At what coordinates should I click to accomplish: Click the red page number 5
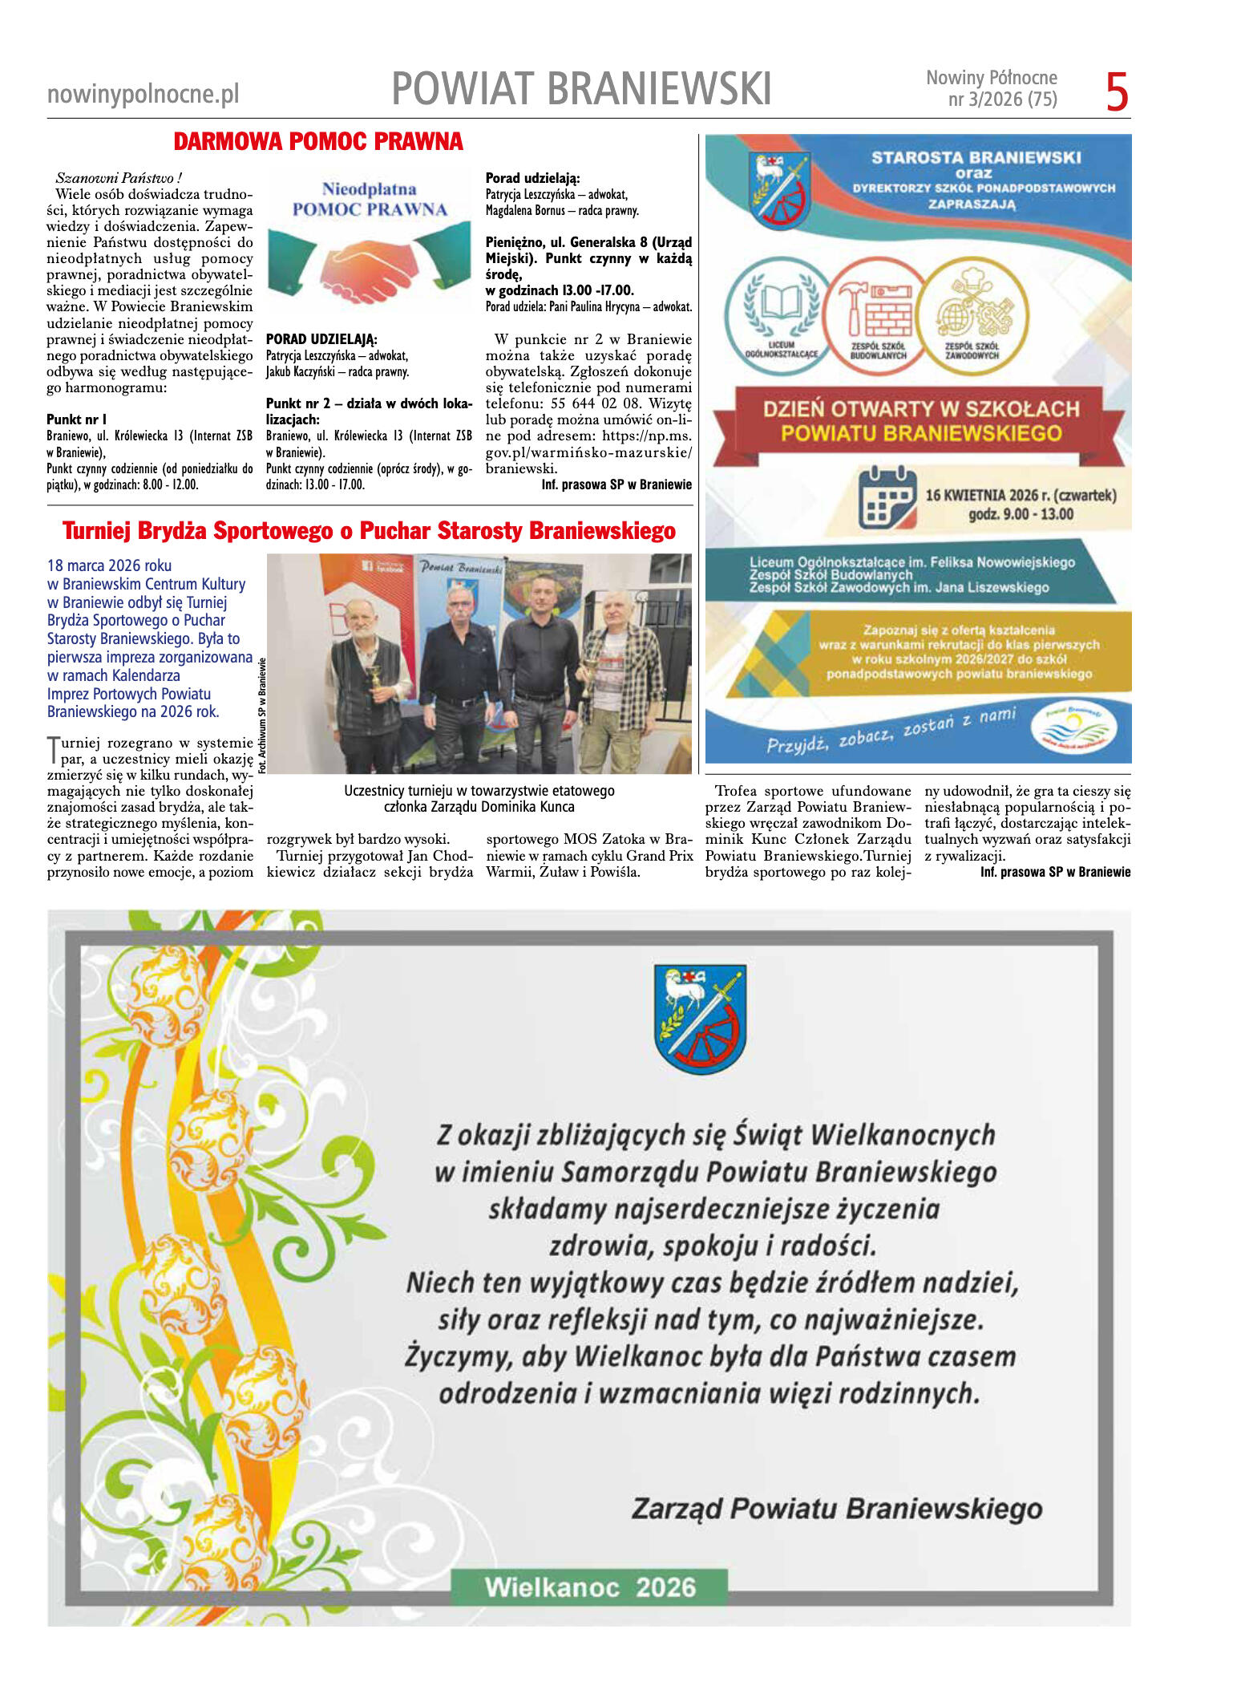pos(1117,92)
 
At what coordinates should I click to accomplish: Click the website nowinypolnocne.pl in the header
pos(143,95)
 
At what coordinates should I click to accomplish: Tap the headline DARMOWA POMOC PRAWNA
pos(318,142)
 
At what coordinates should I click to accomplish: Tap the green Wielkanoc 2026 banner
pos(589,1587)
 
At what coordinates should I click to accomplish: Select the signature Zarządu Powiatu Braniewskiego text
pos(836,1509)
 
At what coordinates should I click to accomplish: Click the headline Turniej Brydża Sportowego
pos(369,531)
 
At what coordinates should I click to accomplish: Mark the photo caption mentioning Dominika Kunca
pos(479,799)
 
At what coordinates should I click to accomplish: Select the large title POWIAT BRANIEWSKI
pos(581,88)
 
